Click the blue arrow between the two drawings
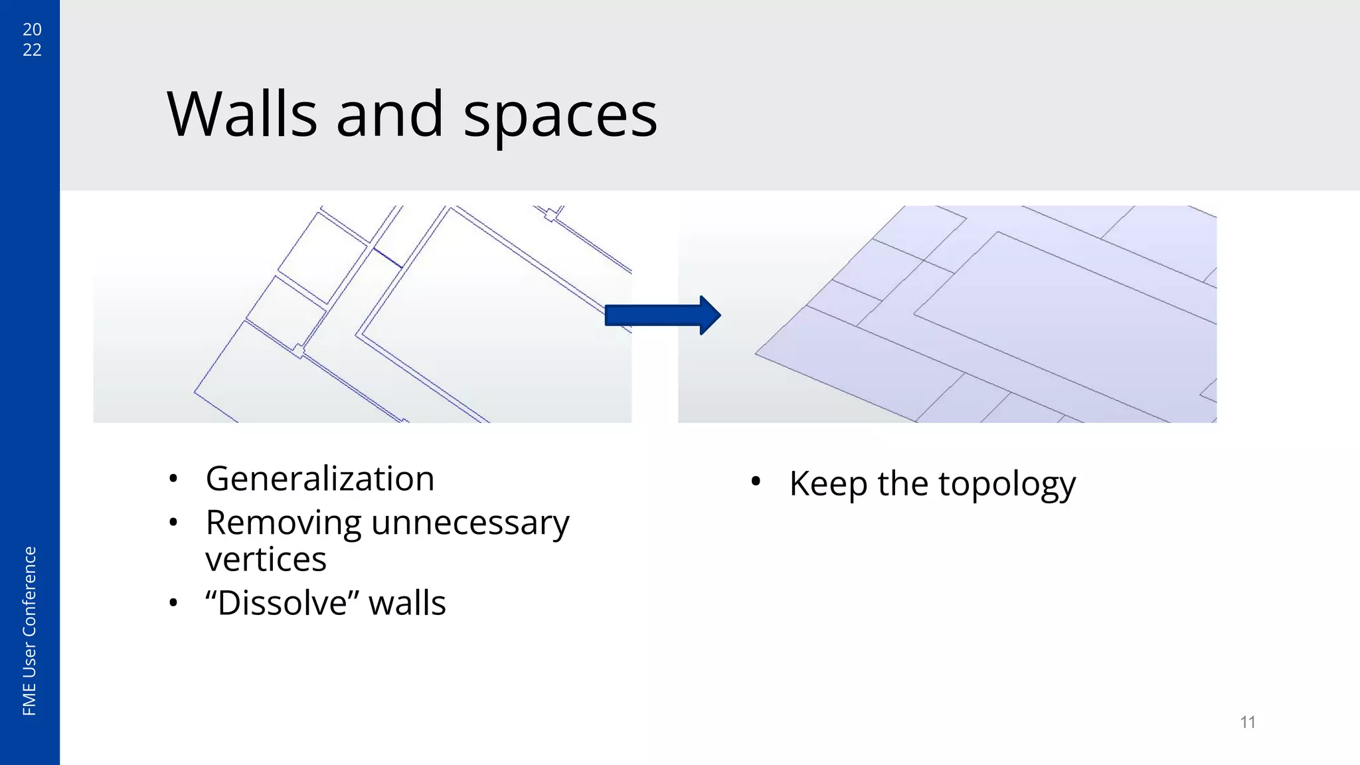(662, 315)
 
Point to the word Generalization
(320, 479)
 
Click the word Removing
(283, 523)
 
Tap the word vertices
(266, 560)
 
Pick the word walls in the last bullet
(407, 604)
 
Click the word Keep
(828, 484)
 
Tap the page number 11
(1248, 722)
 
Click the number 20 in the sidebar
(32, 29)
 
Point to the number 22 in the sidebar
(32, 50)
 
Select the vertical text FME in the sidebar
(29, 701)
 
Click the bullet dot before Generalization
(173, 479)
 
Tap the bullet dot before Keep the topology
(756, 483)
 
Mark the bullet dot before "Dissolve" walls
(173, 604)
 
